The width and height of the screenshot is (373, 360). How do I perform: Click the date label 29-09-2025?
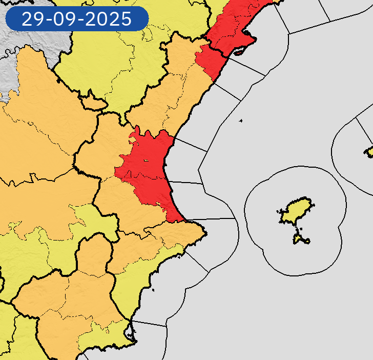77,19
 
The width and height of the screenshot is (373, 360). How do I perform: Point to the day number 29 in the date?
32,19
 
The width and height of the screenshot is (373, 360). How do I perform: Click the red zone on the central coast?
149,164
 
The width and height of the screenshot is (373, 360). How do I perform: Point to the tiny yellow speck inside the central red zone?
146,161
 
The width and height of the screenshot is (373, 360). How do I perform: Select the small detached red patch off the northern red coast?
238,52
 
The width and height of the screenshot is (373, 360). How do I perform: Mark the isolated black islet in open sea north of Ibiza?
240,121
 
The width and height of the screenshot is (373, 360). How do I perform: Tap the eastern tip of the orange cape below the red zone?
205,234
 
